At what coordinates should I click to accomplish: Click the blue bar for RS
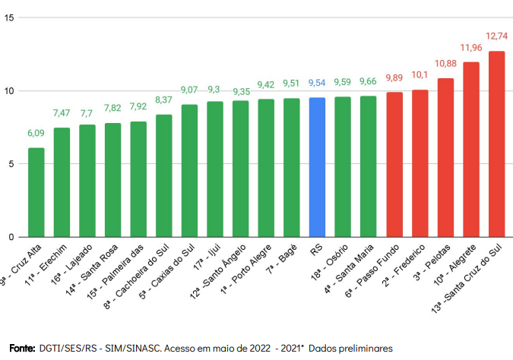pos(317,167)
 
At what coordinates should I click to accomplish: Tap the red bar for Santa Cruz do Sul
pos(496,144)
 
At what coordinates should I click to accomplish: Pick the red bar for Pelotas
pos(445,158)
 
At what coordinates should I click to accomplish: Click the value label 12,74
pos(496,36)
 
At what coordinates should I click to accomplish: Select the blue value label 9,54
pos(317,83)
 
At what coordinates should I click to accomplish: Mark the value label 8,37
pos(163,99)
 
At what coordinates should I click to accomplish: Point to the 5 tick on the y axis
pos(11,163)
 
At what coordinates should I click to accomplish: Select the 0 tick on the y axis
pos(11,237)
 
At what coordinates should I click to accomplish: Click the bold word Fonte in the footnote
pos(22,348)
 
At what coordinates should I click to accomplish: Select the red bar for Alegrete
pos(471,150)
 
